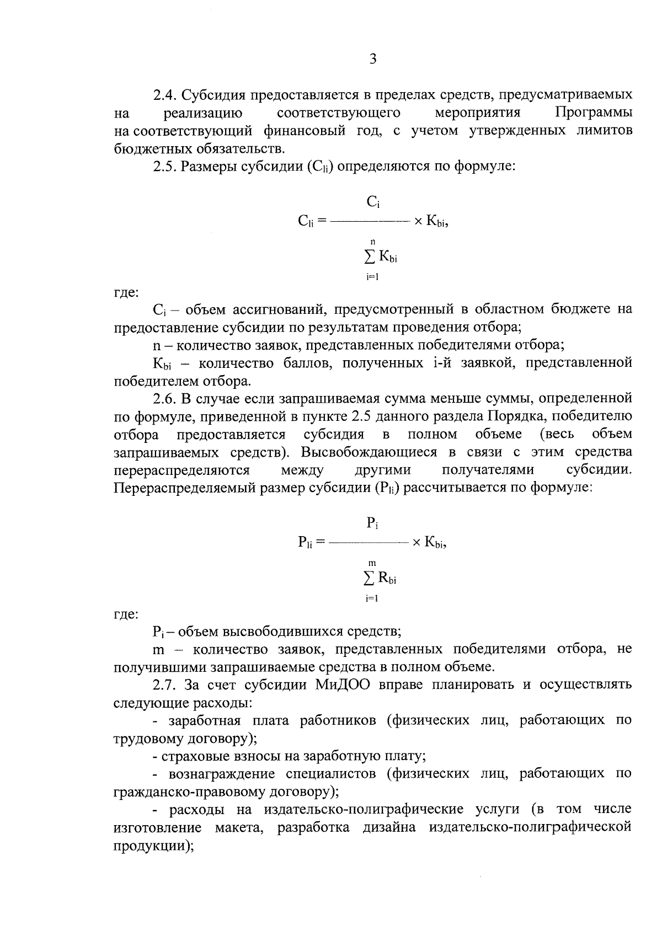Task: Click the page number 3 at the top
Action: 372,59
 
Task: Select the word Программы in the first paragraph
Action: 594,113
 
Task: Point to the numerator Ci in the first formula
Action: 373,203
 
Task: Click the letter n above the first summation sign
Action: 373,241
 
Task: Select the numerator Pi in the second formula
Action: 372,523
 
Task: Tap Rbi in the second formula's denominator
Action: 387,579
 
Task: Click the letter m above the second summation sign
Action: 372,563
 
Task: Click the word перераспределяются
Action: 181,470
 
